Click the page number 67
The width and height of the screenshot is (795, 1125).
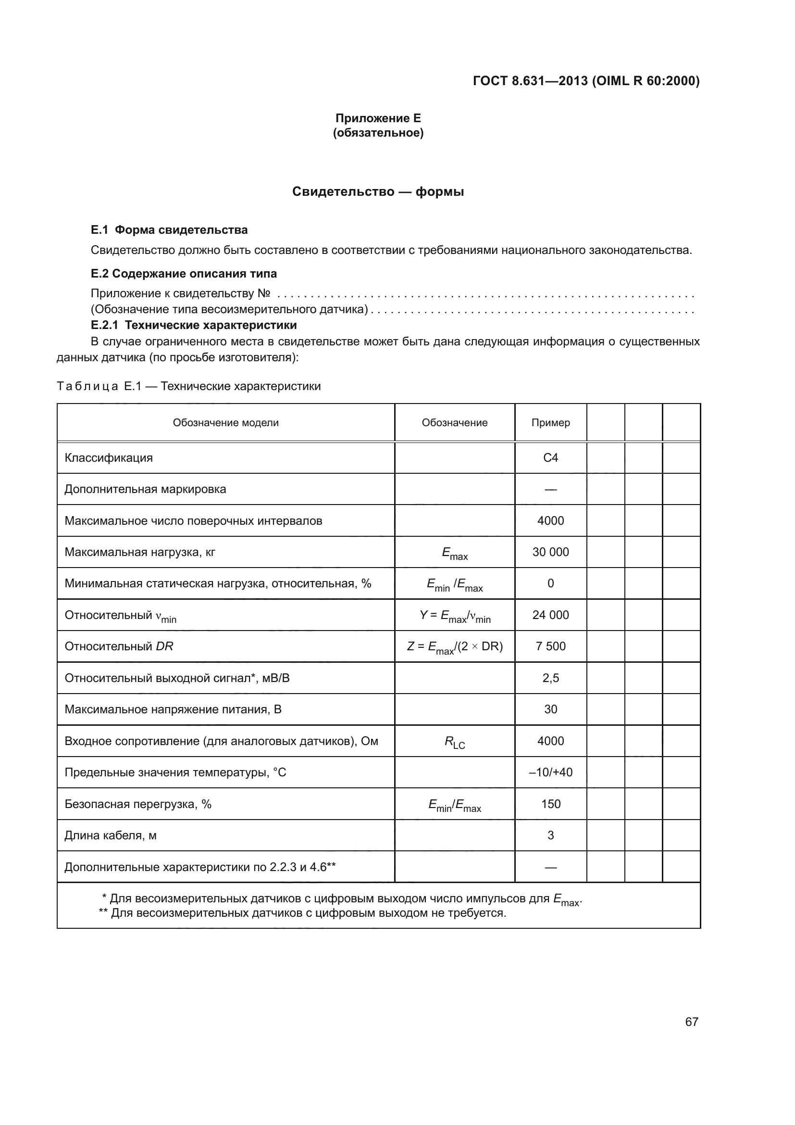click(x=691, y=1022)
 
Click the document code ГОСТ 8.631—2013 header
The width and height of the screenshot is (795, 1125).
click(x=586, y=81)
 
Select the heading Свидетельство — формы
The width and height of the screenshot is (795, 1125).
click(x=378, y=191)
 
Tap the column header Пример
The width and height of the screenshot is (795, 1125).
click(x=550, y=423)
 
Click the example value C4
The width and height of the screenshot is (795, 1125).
click(x=550, y=457)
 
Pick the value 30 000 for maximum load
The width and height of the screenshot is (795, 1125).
click(x=550, y=552)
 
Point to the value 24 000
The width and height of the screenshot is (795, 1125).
click(x=550, y=615)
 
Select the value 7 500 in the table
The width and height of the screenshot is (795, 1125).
click(x=550, y=646)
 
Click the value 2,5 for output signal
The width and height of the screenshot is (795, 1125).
click(x=550, y=678)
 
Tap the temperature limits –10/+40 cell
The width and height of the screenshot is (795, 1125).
click(x=550, y=772)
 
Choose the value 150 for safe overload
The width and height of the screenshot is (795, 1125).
click(x=550, y=804)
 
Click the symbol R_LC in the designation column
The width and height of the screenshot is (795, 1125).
click(x=454, y=742)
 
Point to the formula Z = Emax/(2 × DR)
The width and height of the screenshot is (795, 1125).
click(x=454, y=647)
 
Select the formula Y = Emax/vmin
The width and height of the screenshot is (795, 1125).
click(x=454, y=616)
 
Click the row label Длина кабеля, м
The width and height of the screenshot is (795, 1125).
click(x=111, y=835)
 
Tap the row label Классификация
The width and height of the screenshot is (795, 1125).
click(x=109, y=457)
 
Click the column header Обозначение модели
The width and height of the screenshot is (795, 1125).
click(x=226, y=423)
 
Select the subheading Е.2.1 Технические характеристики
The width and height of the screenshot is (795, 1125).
click(x=194, y=325)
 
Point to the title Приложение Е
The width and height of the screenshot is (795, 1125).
click(x=378, y=118)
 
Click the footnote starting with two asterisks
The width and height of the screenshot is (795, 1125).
click(x=302, y=913)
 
